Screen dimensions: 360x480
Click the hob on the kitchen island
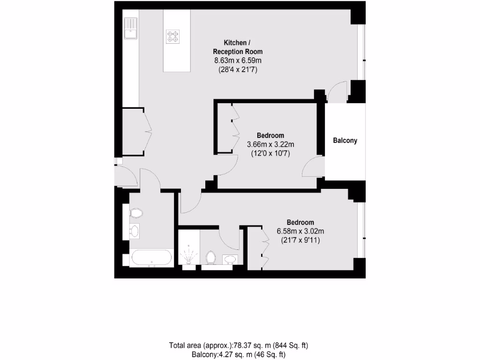click(x=173, y=36)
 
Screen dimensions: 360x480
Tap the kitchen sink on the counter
click(x=130, y=29)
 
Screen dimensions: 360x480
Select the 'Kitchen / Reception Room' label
click(x=238, y=47)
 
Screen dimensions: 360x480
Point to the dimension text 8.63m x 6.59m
click(x=238, y=60)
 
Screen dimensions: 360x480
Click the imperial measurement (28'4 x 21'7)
click(x=238, y=69)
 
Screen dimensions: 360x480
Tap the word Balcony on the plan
click(x=345, y=140)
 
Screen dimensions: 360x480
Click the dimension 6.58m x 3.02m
click(x=300, y=231)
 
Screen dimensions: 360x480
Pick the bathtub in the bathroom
click(x=151, y=258)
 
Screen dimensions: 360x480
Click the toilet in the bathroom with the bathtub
click(x=136, y=213)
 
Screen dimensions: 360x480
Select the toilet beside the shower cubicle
click(x=210, y=258)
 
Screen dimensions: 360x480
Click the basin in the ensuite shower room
click(x=229, y=258)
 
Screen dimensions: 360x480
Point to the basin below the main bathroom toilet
click(x=134, y=231)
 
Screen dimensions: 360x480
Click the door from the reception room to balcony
click(x=337, y=92)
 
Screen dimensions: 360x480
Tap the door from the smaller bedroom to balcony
click(x=313, y=167)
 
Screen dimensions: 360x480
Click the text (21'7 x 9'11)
click(x=300, y=240)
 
